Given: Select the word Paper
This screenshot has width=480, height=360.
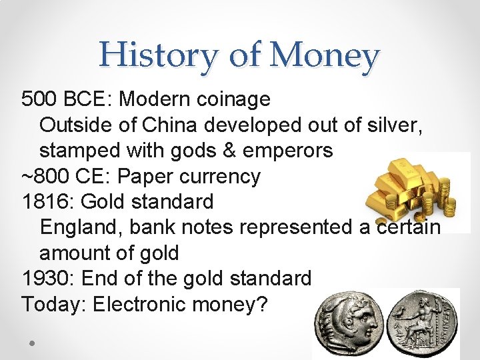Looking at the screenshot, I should pyautogui.click(x=131, y=177).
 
